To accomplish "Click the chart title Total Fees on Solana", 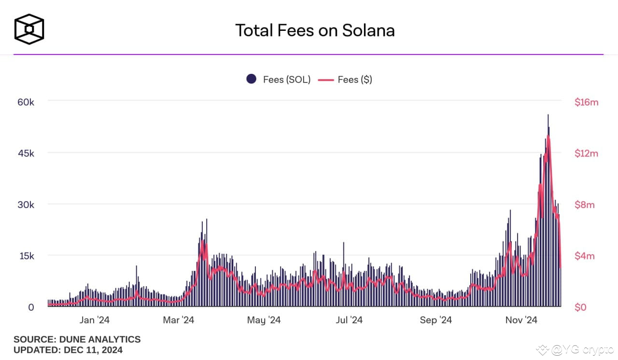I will (315, 30).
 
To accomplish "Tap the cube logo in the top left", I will (29, 29).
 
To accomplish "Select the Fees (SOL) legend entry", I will (279, 80).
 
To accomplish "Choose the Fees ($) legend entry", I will (345, 80).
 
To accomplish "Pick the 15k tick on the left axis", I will (26, 256).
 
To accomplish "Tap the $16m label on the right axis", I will (586, 102).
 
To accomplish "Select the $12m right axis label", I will (586, 153).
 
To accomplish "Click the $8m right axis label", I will (584, 205).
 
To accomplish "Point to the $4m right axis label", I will (584, 256).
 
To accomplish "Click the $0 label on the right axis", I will (581, 307).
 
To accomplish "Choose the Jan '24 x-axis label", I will (94, 320).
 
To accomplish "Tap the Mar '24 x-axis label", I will (179, 320).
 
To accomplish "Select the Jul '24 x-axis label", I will (349, 320).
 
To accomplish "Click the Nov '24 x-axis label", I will (521, 320).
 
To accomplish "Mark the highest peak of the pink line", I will (548, 137).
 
